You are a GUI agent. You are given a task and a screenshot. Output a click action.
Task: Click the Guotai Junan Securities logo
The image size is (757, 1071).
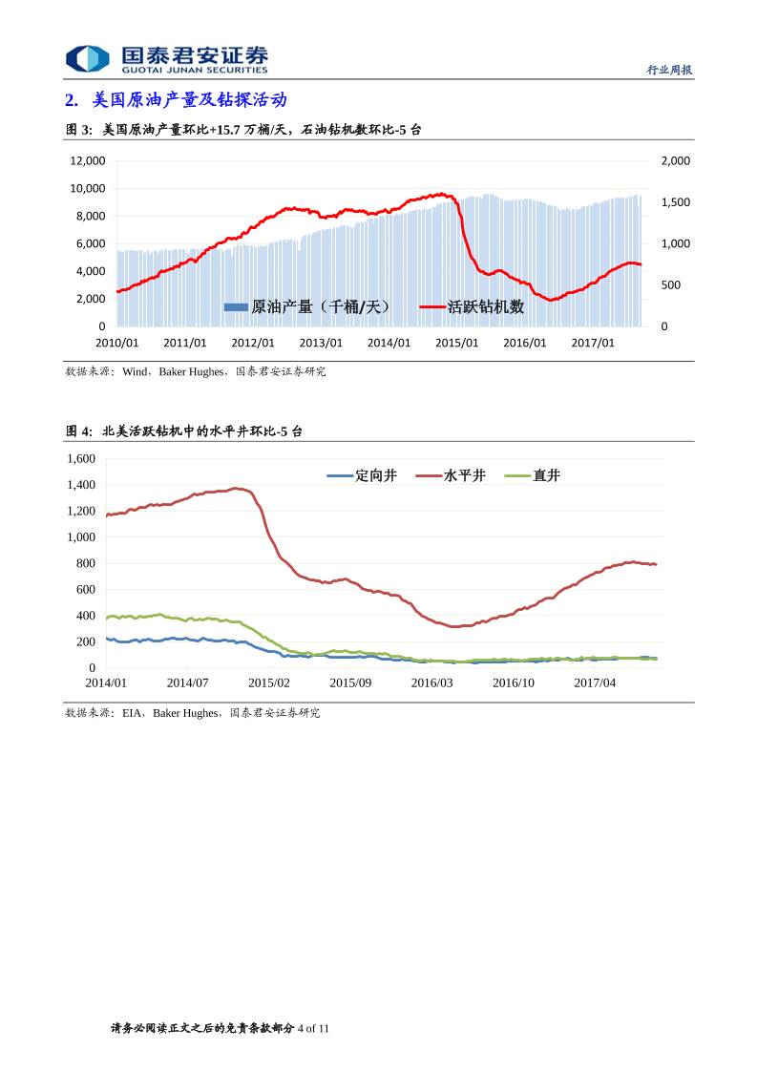point(166,58)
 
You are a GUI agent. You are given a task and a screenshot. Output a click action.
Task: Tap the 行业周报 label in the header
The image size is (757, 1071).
point(669,70)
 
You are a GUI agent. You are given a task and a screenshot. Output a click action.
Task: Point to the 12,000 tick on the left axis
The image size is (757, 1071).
point(87,161)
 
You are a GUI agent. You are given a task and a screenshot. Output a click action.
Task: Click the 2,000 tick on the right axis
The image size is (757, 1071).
point(675,161)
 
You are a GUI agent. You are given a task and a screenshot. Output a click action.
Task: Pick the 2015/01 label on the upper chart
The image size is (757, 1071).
point(456,343)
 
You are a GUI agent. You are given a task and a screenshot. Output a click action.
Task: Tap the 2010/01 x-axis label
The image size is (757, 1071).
point(117,343)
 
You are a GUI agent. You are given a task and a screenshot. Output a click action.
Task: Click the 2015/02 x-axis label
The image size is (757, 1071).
point(268,683)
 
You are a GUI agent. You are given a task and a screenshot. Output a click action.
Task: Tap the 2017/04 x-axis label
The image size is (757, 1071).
point(595,683)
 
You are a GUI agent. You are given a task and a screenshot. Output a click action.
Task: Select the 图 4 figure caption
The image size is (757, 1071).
point(183,431)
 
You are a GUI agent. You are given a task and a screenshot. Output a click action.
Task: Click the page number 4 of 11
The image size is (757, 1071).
point(313,1028)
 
